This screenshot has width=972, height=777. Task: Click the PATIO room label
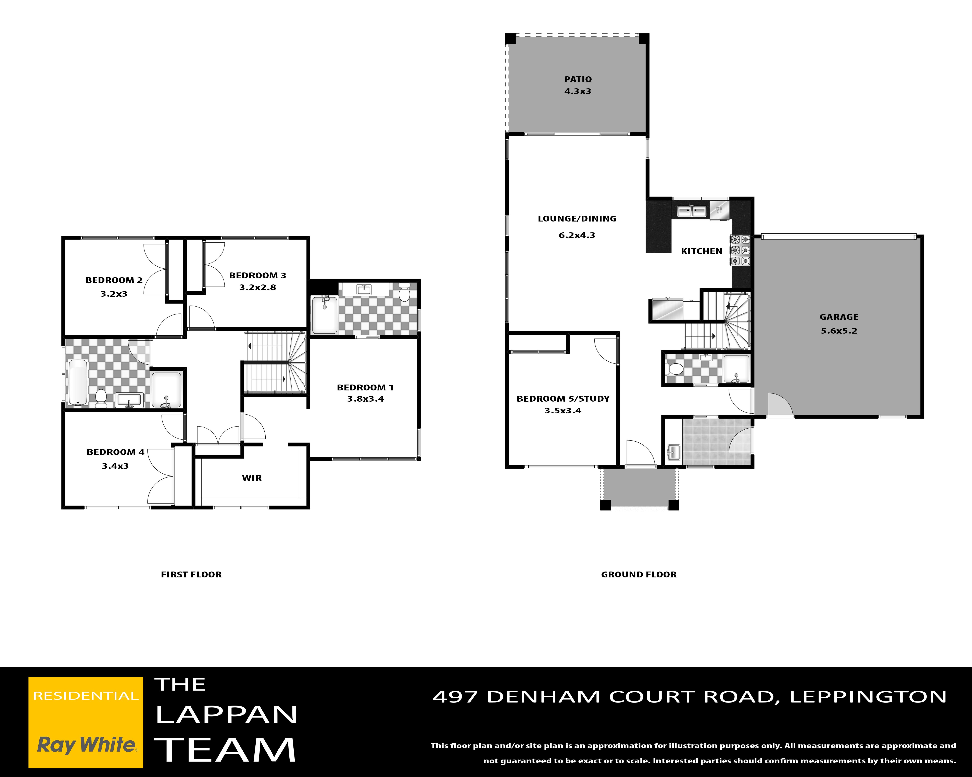[x=578, y=79]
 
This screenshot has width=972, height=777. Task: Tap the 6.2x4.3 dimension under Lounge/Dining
[x=577, y=235]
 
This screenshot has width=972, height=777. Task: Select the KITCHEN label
[x=702, y=251]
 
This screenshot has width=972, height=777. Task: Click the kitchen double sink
[x=692, y=210]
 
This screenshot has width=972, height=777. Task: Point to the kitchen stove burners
[x=740, y=250]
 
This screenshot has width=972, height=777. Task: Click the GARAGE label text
[x=839, y=317]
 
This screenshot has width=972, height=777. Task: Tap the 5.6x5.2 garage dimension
[x=839, y=331]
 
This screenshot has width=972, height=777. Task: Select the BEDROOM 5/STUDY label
[x=563, y=399]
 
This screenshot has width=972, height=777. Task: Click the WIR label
[x=252, y=478]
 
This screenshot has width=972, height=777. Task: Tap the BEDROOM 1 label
[x=365, y=387]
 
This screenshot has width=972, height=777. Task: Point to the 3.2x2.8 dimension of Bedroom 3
[x=257, y=287]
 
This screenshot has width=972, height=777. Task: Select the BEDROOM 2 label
[x=114, y=280]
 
